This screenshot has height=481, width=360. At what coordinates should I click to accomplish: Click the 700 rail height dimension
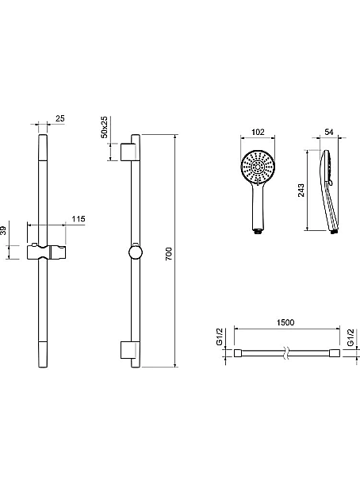169,254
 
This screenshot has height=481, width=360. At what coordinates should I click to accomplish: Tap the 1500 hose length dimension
285,322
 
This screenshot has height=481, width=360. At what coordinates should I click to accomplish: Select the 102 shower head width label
258,132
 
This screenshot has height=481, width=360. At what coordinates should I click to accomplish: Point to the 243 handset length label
301,190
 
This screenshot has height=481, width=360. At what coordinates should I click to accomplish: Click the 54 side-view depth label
329,132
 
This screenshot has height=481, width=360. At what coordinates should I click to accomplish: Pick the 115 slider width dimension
79,219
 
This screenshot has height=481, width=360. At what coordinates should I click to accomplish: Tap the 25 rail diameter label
60,118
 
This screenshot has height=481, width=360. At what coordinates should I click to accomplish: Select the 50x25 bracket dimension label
105,127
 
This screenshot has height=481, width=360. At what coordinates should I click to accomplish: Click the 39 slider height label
2,230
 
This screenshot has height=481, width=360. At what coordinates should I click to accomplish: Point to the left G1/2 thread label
220,337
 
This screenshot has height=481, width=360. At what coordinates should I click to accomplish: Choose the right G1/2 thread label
351,337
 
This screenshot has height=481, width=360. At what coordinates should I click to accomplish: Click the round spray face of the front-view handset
258,167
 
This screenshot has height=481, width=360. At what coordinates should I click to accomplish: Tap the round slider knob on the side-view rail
135,252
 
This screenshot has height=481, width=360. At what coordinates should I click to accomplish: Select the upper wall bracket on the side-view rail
127,152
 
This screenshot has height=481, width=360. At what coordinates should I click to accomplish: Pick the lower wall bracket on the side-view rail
127,349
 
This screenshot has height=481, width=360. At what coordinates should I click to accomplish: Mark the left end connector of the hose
239,352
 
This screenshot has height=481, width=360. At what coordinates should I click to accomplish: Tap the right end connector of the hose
335,352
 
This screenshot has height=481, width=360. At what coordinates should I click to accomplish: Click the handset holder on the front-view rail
46,252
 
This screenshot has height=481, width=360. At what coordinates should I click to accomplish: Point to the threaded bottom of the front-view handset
258,231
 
